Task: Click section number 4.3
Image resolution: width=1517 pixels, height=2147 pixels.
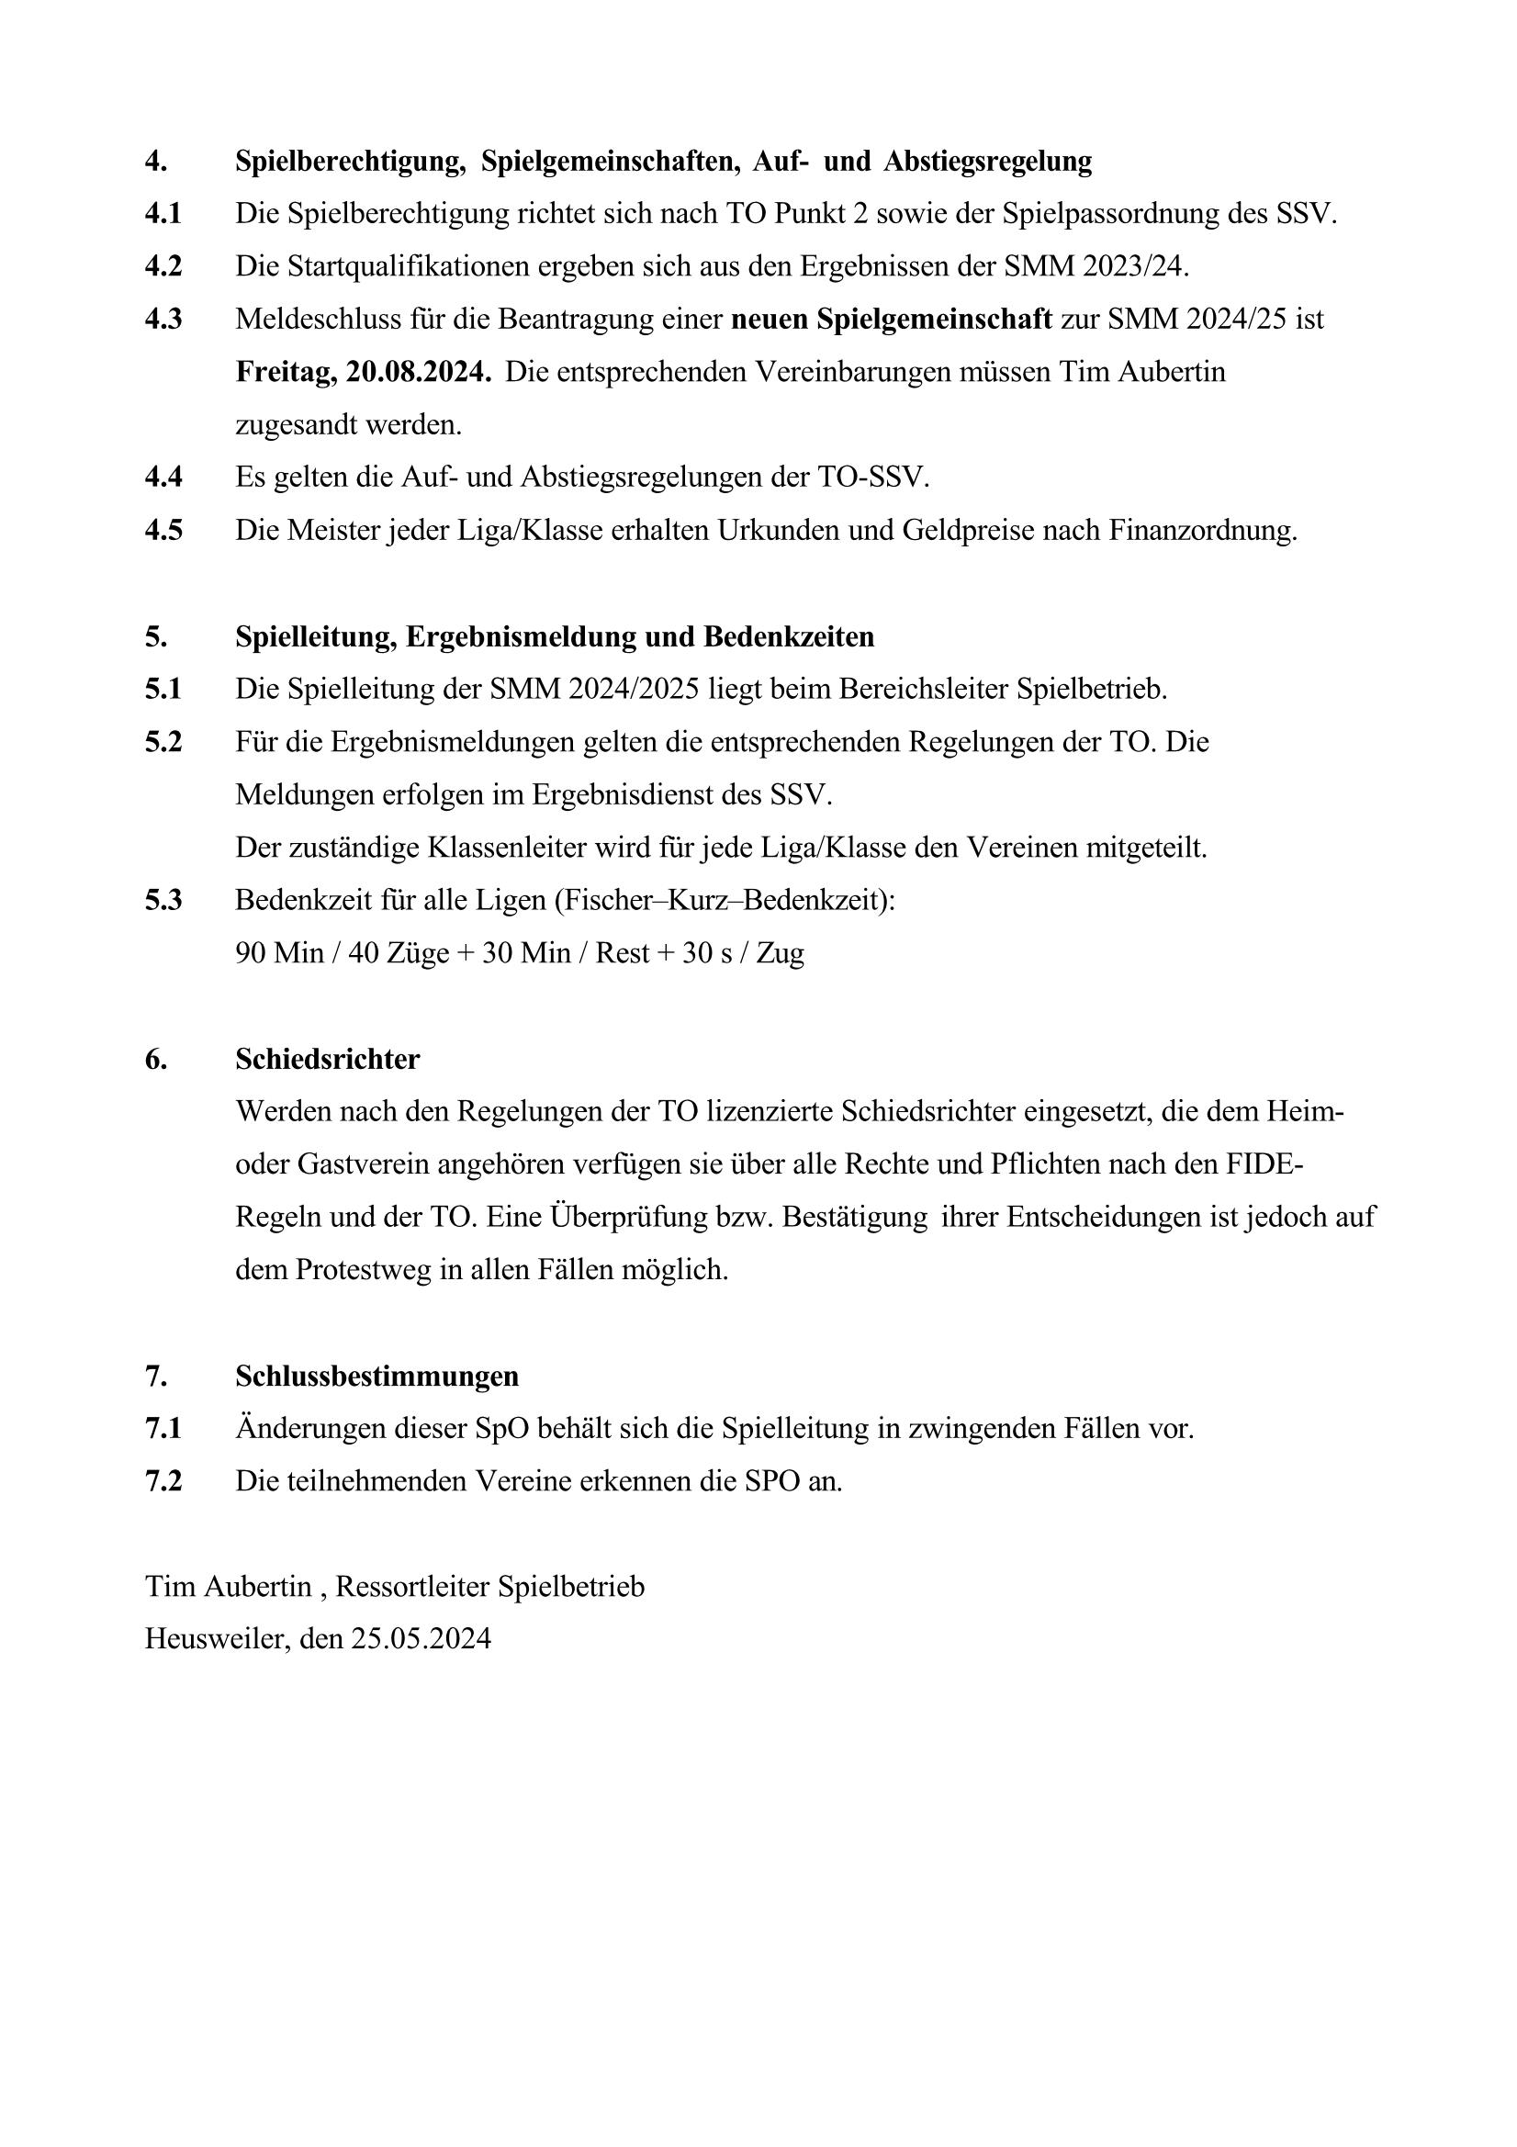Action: pos(163,320)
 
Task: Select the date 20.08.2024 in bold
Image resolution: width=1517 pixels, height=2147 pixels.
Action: pos(418,372)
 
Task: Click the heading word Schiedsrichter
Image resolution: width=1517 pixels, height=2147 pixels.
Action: pos(327,1060)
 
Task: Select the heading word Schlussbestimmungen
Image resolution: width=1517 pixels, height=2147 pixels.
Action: pos(376,1377)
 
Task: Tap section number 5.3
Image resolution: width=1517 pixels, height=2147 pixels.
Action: pos(163,901)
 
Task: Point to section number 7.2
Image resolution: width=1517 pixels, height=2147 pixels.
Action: pos(163,1481)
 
